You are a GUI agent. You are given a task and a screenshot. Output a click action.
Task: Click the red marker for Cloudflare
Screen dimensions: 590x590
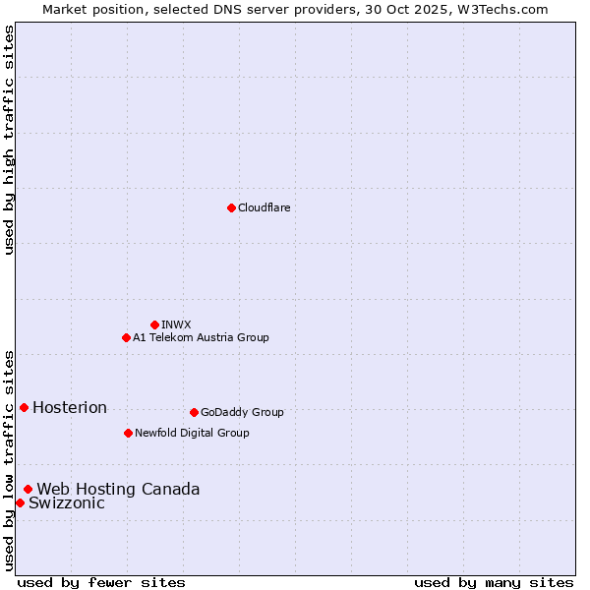[x=231, y=207]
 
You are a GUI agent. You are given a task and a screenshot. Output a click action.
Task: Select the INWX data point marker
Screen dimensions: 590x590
[x=154, y=324]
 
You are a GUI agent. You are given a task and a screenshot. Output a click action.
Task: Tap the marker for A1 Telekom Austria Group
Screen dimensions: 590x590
[x=126, y=337]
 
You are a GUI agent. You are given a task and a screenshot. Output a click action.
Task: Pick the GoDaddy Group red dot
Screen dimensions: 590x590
[x=194, y=412]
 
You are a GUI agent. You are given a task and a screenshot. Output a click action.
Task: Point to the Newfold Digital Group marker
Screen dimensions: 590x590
[x=128, y=433]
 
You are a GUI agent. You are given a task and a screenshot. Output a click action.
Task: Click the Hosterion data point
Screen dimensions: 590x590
[x=24, y=407]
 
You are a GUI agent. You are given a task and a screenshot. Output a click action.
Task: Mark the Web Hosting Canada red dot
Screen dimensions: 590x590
[x=28, y=489]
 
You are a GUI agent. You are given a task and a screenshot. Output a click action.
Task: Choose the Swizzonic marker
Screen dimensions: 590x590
[x=20, y=502]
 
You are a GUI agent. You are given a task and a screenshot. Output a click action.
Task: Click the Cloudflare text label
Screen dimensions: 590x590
[x=264, y=207]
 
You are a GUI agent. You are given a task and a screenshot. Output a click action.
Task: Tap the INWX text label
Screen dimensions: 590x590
[x=176, y=324]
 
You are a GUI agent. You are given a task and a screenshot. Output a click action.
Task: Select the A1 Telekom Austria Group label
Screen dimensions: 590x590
[x=201, y=337]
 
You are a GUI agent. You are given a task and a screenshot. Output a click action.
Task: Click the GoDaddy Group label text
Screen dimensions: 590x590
[x=242, y=412]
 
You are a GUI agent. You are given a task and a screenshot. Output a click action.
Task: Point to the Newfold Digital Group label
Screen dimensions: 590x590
[x=192, y=433]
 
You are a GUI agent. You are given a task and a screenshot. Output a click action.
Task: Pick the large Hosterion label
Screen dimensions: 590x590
[x=70, y=408]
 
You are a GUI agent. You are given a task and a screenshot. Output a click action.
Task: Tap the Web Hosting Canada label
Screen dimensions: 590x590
[x=118, y=490]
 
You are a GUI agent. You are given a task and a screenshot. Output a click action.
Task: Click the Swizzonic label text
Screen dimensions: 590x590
[x=67, y=503]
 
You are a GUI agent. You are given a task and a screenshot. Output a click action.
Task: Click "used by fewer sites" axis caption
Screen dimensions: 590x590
[x=101, y=582]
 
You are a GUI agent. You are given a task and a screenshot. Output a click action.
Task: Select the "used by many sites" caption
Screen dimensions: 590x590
[x=494, y=582]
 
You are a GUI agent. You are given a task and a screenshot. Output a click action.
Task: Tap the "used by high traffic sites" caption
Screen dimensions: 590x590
[x=9, y=140]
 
